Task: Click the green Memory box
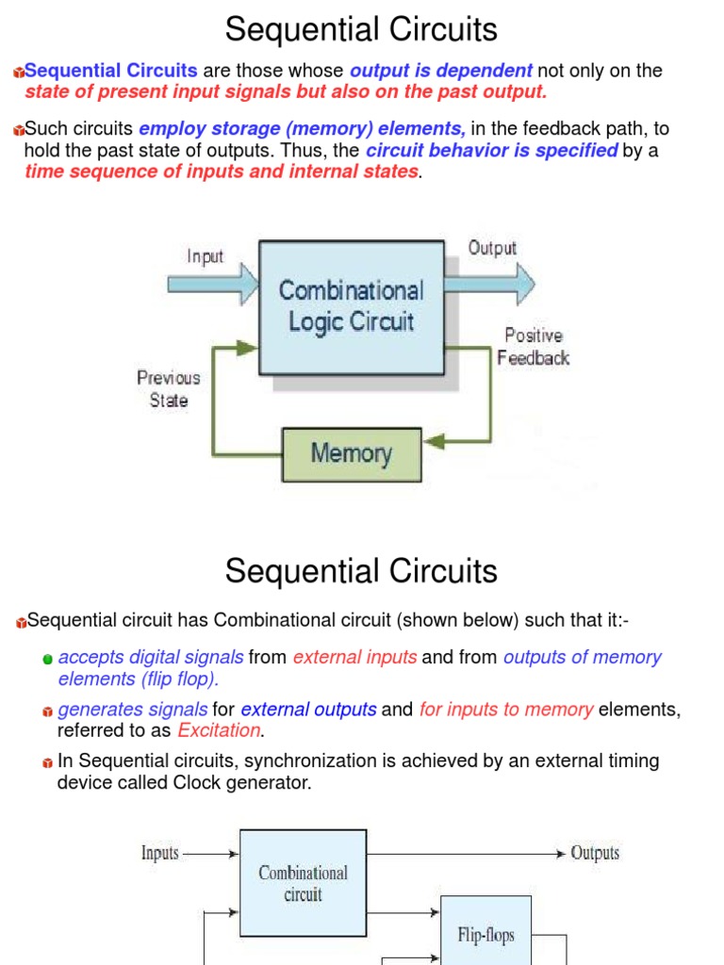[352, 454]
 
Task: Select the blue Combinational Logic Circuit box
[351, 305]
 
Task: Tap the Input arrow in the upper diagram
[212, 282]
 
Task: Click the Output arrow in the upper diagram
[490, 283]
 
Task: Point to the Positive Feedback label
[534, 346]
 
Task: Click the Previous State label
[169, 388]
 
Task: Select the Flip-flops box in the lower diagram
[485, 935]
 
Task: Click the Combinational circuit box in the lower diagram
[303, 884]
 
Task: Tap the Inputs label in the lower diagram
[160, 853]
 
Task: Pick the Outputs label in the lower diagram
[595, 853]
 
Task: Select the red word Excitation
[219, 730]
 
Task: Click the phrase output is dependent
[441, 71]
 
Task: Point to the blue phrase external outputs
[308, 710]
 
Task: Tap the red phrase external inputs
[354, 658]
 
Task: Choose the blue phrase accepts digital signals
[151, 658]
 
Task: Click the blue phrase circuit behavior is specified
[492, 151]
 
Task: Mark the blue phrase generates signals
[133, 710]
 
